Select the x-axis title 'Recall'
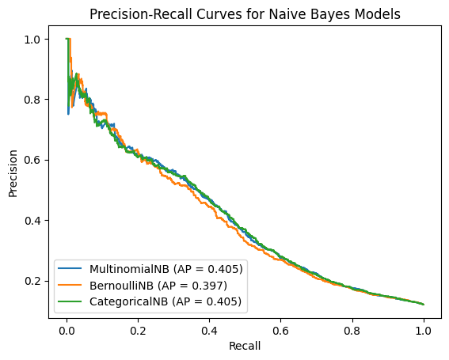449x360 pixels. pos(245,346)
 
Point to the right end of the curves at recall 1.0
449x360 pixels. pos(424,304)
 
